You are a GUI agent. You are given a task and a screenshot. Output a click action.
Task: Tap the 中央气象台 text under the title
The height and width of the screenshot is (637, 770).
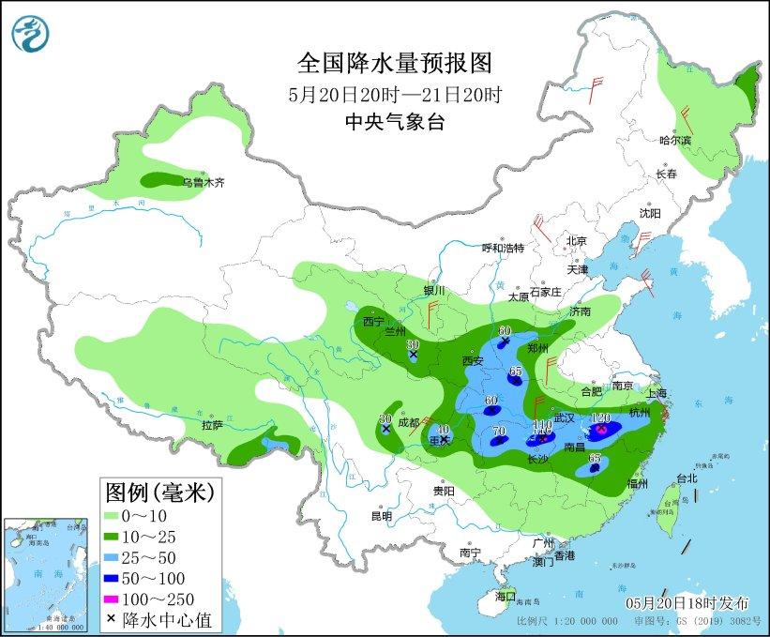click(x=394, y=121)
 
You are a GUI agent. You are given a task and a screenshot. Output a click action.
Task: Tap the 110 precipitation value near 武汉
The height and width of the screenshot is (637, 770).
click(x=541, y=425)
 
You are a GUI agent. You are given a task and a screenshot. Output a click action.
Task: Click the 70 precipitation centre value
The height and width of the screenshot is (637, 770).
click(x=499, y=432)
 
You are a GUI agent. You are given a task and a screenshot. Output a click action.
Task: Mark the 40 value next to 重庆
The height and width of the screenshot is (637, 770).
click(x=444, y=430)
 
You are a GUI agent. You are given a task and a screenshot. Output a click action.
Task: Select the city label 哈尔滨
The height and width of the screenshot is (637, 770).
click(x=674, y=141)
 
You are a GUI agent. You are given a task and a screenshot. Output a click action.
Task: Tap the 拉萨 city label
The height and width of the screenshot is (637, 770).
click(x=212, y=425)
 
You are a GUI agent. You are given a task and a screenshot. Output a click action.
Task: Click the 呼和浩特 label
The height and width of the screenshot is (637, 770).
click(x=503, y=248)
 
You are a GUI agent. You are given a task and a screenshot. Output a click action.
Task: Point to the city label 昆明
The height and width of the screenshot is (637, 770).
click(x=381, y=516)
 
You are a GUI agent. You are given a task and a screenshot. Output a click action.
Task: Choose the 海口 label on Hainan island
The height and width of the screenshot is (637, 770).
click(x=506, y=596)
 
